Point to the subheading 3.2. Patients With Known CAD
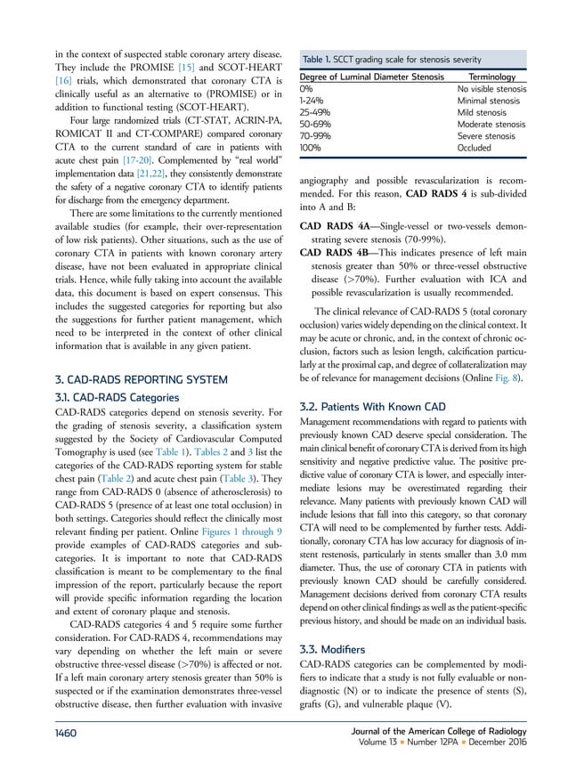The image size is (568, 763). tap(365, 402)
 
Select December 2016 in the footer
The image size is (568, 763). tap(515, 741)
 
